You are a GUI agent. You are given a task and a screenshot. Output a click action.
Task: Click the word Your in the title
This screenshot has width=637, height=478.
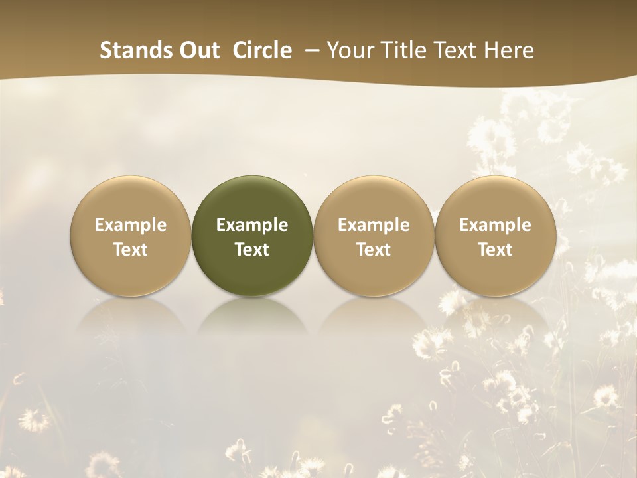[350, 50]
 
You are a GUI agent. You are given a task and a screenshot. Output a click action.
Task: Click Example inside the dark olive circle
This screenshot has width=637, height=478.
[252, 225]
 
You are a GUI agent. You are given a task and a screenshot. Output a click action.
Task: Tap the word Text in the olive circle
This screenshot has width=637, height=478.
[252, 250]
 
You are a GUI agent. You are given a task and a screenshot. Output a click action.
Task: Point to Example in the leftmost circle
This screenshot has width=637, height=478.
[130, 225]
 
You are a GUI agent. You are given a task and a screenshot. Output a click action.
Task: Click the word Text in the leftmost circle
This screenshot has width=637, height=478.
[130, 250]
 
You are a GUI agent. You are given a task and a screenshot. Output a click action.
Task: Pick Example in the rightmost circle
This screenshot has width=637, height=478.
[495, 225]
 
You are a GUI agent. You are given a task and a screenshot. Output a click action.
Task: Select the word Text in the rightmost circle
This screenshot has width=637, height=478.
[495, 250]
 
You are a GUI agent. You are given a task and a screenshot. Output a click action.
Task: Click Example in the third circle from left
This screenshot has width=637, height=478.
[374, 225]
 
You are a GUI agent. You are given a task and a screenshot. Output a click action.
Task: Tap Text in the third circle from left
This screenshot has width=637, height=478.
[374, 250]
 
